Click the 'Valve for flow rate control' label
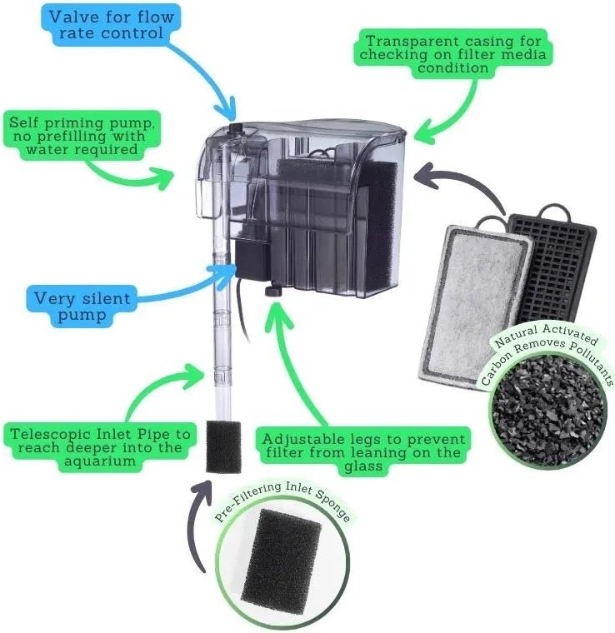(x=111, y=25)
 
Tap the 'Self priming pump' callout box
(x=82, y=136)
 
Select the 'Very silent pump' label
(x=82, y=307)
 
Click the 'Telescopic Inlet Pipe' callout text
(x=100, y=447)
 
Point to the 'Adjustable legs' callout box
(x=363, y=452)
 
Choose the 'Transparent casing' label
(x=452, y=54)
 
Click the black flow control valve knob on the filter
(x=236, y=129)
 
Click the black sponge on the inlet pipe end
(x=223, y=447)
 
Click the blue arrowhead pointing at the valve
(x=226, y=109)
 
